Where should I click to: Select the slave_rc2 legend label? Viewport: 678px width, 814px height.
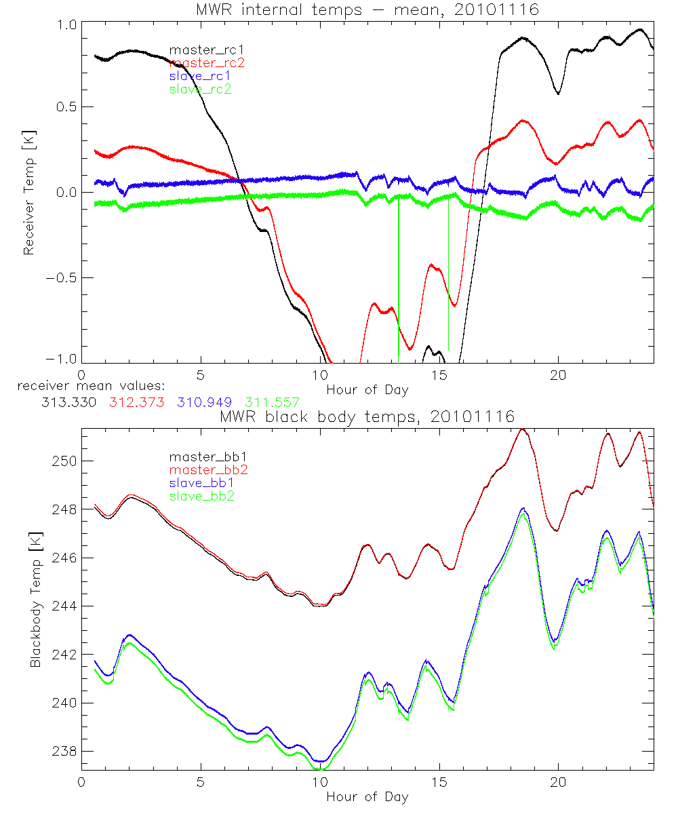[200, 89]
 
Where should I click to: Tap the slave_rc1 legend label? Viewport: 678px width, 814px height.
[200, 76]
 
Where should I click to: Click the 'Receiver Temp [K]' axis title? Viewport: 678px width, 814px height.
[28, 192]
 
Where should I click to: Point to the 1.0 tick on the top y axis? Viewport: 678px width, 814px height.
[64, 22]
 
